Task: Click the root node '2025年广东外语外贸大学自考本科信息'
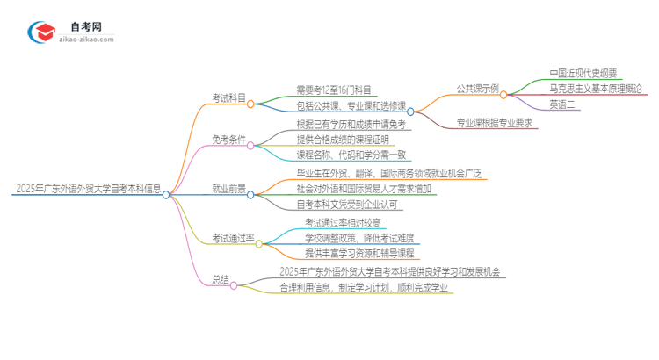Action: [88, 188]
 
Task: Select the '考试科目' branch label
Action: [228, 97]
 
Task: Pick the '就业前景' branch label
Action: [228, 188]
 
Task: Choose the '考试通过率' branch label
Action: [233, 237]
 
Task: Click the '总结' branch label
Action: [221, 280]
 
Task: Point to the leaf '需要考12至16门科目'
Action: [333, 90]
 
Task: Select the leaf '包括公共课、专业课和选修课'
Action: [351, 105]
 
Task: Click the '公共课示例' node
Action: [478, 89]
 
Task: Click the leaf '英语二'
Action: [563, 104]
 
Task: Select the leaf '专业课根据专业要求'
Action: [495, 123]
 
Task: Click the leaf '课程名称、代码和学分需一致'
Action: [351, 155]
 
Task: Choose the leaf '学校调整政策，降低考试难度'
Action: [359, 237]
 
